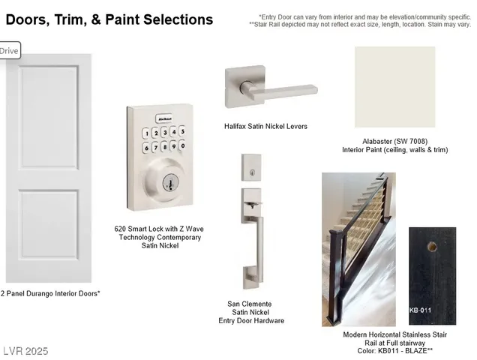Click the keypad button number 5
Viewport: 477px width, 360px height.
(x=182, y=131)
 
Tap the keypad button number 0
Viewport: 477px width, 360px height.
(x=182, y=145)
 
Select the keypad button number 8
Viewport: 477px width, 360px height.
(x=164, y=147)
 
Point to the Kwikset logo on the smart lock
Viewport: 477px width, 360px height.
(x=164, y=118)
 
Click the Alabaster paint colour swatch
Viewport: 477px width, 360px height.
(x=394, y=87)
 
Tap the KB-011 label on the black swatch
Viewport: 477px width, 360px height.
(x=420, y=310)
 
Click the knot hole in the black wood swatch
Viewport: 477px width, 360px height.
(x=432, y=247)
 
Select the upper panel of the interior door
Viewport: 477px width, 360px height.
(x=49, y=117)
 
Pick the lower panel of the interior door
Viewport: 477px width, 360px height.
(x=49, y=224)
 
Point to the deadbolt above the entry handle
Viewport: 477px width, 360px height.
(x=251, y=168)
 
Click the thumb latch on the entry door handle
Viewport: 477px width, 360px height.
(x=253, y=205)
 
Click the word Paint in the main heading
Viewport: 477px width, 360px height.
(x=122, y=20)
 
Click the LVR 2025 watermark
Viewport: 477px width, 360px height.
(x=25, y=351)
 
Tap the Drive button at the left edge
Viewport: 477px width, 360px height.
(x=9, y=51)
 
